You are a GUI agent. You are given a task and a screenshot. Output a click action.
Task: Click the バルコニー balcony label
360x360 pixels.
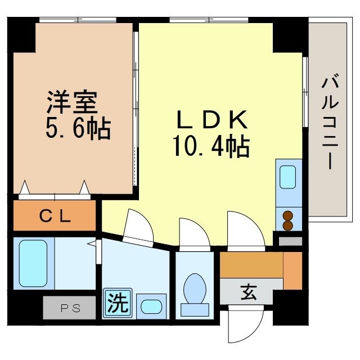331,123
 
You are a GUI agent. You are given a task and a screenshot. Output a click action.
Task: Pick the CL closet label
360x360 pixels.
55,216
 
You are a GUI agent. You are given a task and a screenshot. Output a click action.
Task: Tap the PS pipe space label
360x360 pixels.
70,308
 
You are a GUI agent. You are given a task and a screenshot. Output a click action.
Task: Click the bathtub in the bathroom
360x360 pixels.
33,263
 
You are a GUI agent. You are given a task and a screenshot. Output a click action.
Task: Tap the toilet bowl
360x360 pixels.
195,292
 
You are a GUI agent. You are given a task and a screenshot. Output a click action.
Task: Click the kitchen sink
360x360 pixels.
288,177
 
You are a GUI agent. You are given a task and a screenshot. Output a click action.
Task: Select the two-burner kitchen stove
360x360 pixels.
288,220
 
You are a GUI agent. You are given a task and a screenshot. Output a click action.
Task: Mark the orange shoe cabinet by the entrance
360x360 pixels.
292,271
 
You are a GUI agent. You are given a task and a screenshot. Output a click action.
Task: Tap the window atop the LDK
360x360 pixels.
209,20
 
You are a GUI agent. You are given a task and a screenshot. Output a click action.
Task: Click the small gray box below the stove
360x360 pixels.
290,242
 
